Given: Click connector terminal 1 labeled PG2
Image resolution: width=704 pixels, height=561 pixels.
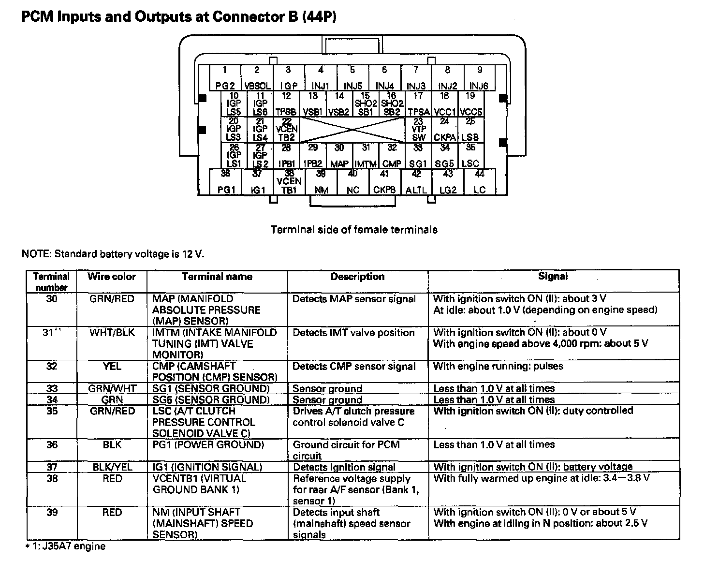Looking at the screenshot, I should click(x=225, y=78).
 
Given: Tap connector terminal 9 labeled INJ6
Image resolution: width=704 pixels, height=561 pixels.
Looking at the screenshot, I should click(x=479, y=78).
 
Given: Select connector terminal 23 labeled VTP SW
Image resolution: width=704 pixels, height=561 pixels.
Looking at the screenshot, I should click(x=418, y=130).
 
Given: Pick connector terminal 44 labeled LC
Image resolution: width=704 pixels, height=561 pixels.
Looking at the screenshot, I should click(x=479, y=182).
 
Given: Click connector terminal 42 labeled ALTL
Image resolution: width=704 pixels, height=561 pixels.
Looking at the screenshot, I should click(x=416, y=182).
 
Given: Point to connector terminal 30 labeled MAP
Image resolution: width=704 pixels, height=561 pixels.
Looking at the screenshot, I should click(x=339, y=156).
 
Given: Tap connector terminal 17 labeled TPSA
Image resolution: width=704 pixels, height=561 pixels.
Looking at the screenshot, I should click(x=418, y=103).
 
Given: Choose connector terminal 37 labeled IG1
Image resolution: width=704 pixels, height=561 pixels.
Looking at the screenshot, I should click(x=258, y=182).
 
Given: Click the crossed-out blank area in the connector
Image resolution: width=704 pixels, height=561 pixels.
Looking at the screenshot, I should click(x=352, y=130).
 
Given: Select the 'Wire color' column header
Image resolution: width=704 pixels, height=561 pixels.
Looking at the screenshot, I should click(x=112, y=277).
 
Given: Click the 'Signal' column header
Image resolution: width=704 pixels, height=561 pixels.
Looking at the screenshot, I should click(x=553, y=276).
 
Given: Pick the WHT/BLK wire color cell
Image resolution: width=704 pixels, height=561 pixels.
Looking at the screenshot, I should click(x=112, y=333).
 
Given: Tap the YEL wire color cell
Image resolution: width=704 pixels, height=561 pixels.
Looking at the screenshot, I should click(x=112, y=367).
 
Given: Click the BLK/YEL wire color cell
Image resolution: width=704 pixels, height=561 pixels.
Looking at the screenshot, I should click(x=112, y=467).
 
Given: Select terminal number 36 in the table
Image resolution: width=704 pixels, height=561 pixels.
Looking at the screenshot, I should click(x=51, y=445).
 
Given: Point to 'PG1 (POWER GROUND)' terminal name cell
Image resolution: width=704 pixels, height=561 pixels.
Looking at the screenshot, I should click(x=208, y=445).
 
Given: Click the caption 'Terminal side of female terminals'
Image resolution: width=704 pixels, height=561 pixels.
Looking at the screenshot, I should click(x=354, y=230).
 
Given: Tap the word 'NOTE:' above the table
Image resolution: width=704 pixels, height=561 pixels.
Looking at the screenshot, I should click(x=37, y=254).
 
